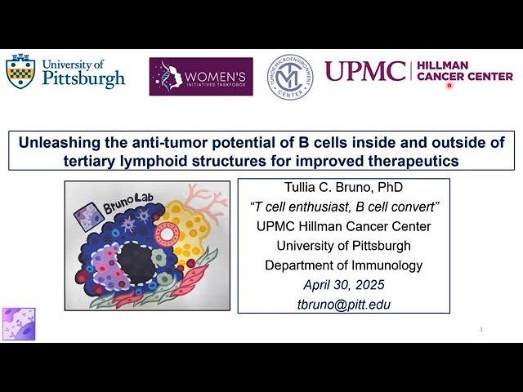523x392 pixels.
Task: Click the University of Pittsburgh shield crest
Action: point(20,72)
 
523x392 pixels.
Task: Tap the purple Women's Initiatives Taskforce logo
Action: point(201,76)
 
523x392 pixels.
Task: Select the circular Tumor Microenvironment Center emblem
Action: point(291,77)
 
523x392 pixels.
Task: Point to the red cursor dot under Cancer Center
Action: point(449,86)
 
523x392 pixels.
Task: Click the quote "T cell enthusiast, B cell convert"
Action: point(344,208)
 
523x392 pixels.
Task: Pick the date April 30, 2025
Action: point(344,285)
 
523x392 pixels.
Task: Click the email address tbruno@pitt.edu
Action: point(344,304)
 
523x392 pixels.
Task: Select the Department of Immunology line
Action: point(344,265)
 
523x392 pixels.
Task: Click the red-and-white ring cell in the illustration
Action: point(166,235)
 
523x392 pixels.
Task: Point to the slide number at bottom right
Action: point(482,329)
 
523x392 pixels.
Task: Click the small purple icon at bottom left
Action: point(18,323)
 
